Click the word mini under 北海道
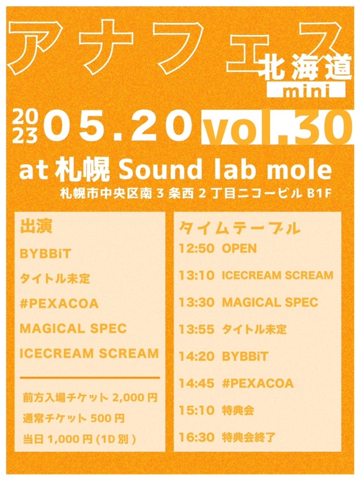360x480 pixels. click(x=306, y=90)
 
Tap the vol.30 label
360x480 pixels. click(x=276, y=128)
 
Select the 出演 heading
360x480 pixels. click(x=36, y=227)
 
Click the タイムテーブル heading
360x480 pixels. click(x=239, y=228)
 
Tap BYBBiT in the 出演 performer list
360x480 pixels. click(x=45, y=254)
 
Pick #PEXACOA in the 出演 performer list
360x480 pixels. click(x=59, y=304)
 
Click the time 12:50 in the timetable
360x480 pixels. click(x=196, y=248)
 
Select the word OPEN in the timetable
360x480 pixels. click(x=239, y=248)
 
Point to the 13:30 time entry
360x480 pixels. click(x=196, y=302)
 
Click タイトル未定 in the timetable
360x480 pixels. click(x=254, y=329)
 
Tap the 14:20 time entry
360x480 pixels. click(x=196, y=356)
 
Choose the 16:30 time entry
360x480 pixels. click(x=196, y=437)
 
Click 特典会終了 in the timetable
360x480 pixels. click(x=248, y=437)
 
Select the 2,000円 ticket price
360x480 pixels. click(x=135, y=397)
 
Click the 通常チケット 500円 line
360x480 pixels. click(x=74, y=418)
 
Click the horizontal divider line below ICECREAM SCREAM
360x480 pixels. click(x=90, y=378)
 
